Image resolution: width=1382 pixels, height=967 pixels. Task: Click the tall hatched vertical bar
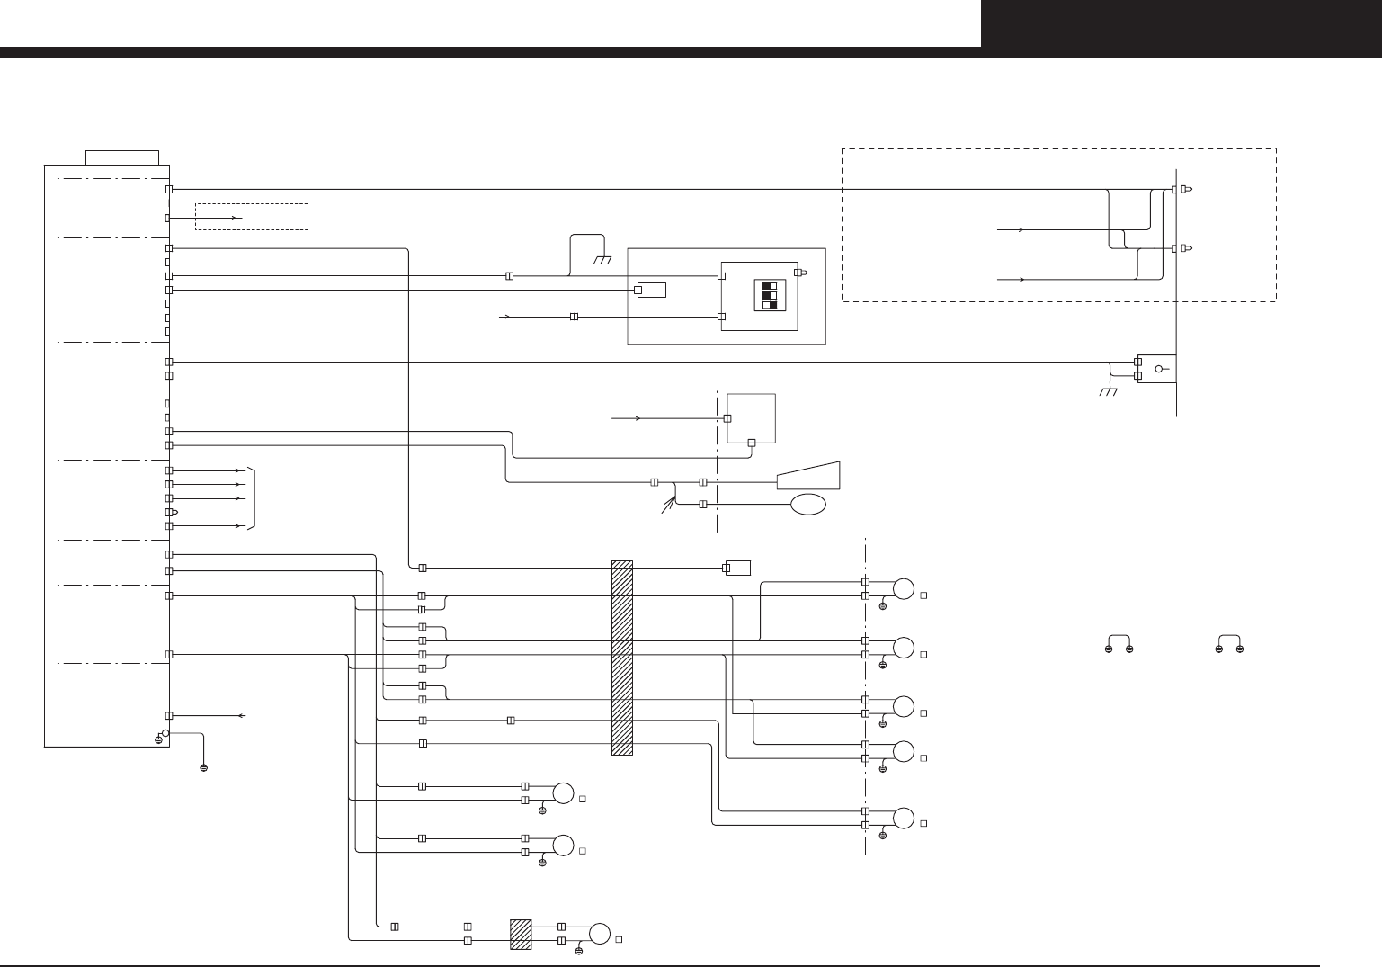(622, 658)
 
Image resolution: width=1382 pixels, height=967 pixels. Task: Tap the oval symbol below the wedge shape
(807, 504)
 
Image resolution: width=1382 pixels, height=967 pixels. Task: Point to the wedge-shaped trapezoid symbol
(809, 476)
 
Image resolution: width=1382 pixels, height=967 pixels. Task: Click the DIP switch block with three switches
(770, 295)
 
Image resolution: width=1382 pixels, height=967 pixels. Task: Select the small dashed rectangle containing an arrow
(252, 217)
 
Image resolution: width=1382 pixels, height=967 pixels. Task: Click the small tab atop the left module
(122, 157)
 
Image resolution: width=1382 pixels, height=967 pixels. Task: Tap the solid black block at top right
(1181, 29)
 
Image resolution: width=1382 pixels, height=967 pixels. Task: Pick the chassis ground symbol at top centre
(603, 259)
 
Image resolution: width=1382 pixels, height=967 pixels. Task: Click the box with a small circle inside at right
(1157, 368)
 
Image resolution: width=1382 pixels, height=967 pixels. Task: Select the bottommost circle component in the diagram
(599, 933)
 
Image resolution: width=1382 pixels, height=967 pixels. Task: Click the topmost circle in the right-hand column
(903, 589)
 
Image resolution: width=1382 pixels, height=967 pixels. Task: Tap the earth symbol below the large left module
(204, 767)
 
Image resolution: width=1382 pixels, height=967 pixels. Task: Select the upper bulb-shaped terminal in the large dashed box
(1187, 189)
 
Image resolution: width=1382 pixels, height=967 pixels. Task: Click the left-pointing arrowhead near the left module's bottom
(241, 715)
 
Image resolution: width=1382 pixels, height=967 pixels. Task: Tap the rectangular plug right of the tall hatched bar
(738, 568)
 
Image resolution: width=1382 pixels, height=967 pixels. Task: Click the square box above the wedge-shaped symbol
(751, 418)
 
